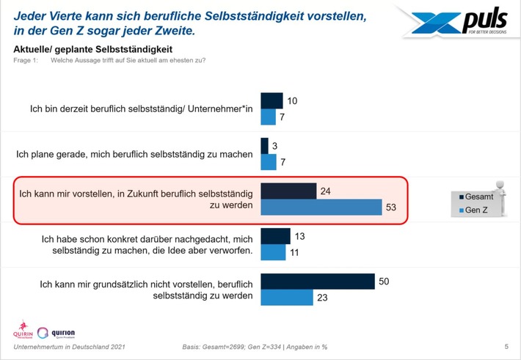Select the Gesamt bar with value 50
[x=318, y=282]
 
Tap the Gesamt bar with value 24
[x=289, y=191]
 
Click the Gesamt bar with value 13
[x=276, y=236]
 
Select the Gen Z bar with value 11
[x=273, y=252]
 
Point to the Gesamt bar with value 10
[x=272, y=100]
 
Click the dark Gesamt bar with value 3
[x=265, y=146]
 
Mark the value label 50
[x=383, y=280]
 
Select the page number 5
[x=506, y=346]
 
